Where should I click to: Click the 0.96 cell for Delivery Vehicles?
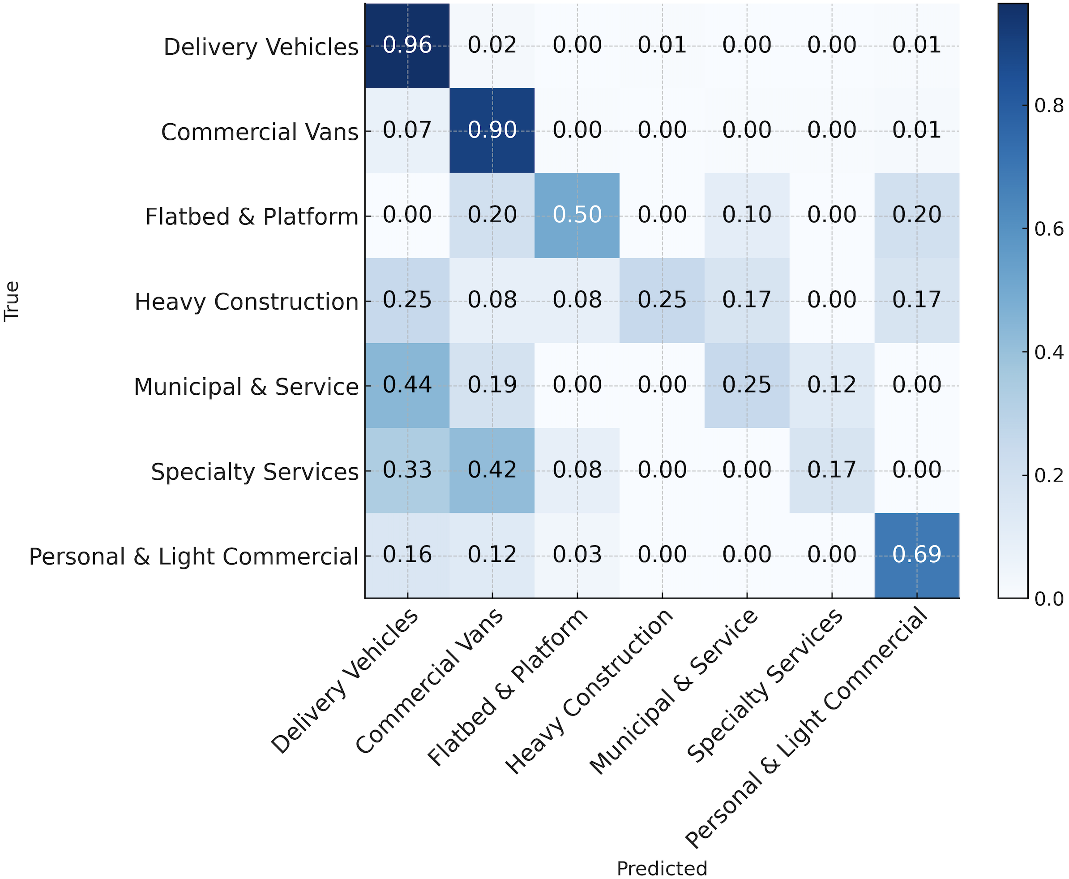pos(407,46)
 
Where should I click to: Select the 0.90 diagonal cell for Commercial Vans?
pos(492,131)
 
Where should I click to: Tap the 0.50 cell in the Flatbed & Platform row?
pos(577,215)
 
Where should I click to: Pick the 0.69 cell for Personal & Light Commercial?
pos(916,555)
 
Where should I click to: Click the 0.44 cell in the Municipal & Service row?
pos(407,385)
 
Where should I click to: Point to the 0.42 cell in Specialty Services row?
pos(492,470)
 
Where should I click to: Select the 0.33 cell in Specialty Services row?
pos(407,470)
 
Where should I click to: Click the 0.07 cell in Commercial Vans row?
pos(407,131)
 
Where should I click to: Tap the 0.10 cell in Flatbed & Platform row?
pos(747,215)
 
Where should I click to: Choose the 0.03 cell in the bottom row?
pos(577,555)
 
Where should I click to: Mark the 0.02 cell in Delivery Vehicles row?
pos(492,46)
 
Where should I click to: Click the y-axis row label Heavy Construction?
pos(246,302)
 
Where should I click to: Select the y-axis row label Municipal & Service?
pos(246,388)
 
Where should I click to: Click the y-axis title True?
pos(12,301)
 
